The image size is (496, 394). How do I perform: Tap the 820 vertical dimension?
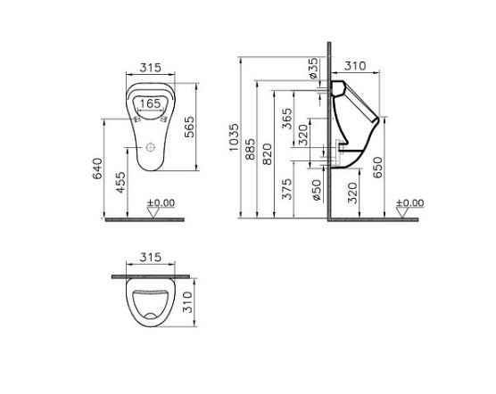(x=269, y=152)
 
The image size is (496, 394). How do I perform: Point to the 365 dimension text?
(x=287, y=119)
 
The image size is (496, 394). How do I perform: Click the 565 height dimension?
(x=190, y=130)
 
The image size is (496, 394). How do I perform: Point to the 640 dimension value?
(x=97, y=169)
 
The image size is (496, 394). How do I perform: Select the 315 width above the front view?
(x=149, y=68)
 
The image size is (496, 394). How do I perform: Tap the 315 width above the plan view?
(x=149, y=258)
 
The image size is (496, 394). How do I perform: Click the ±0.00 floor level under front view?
(x=161, y=203)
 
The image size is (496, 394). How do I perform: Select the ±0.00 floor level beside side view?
(x=411, y=203)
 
